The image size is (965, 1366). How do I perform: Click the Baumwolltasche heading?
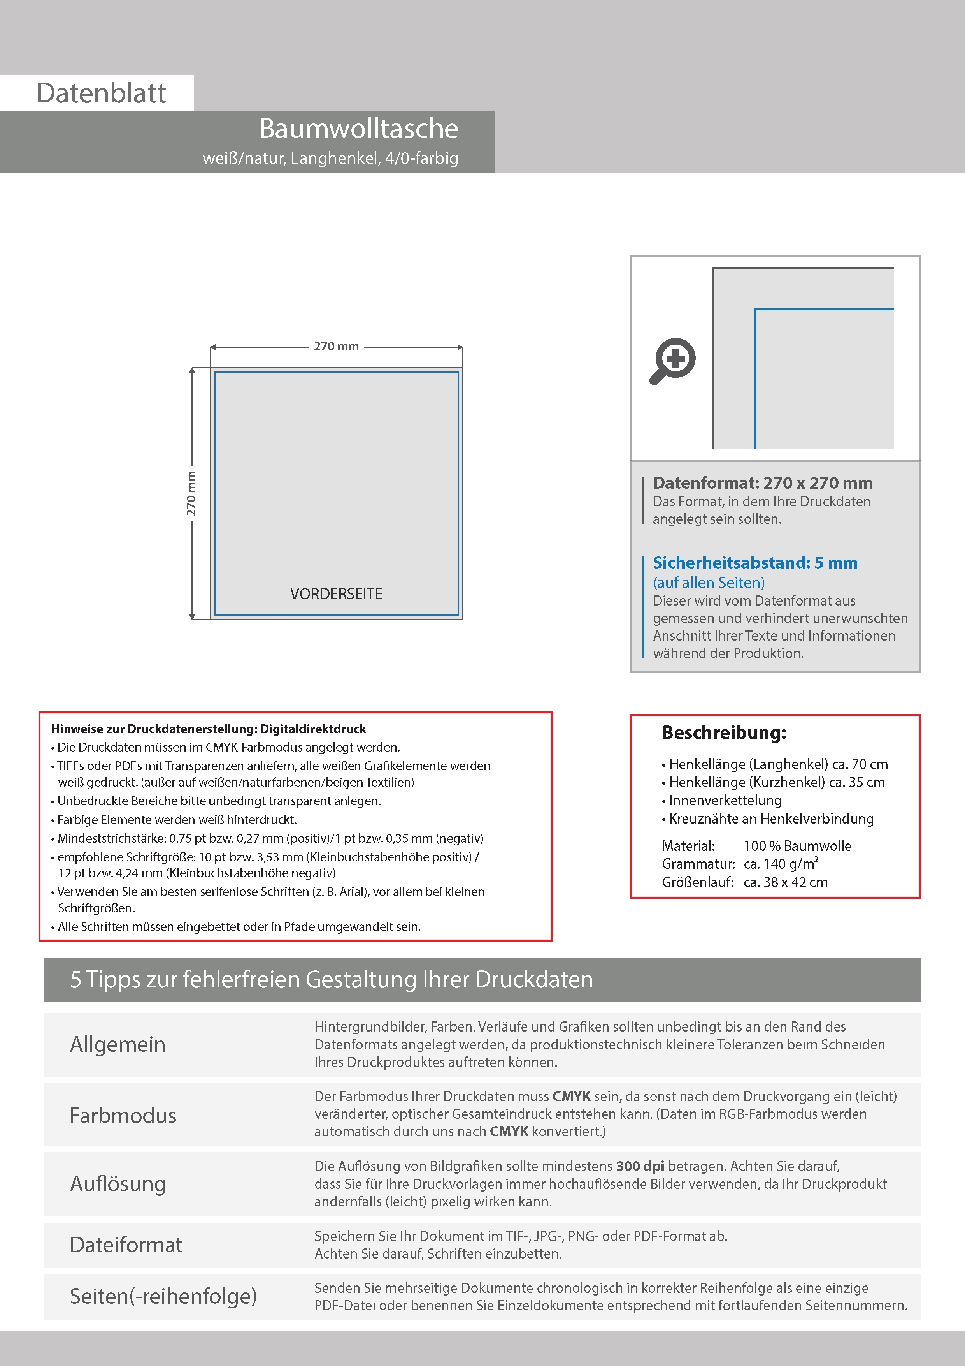click(358, 129)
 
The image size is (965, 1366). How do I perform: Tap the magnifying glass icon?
click(672, 361)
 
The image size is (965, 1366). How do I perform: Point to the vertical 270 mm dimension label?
click(191, 493)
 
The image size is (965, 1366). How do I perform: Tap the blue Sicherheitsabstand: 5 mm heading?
click(754, 562)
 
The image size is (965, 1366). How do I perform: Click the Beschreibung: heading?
click(724, 732)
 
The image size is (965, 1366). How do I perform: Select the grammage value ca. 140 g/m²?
click(781, 863)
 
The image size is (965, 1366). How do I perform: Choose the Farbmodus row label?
click(123, 1115)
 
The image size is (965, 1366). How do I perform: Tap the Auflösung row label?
click(118, 1183)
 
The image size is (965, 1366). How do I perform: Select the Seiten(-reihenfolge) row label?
click(163, 1296)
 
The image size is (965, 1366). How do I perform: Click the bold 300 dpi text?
click(640, 1166)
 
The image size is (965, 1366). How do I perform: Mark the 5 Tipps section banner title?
click(331, 979)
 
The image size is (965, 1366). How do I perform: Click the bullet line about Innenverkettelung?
click(725, 800)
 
